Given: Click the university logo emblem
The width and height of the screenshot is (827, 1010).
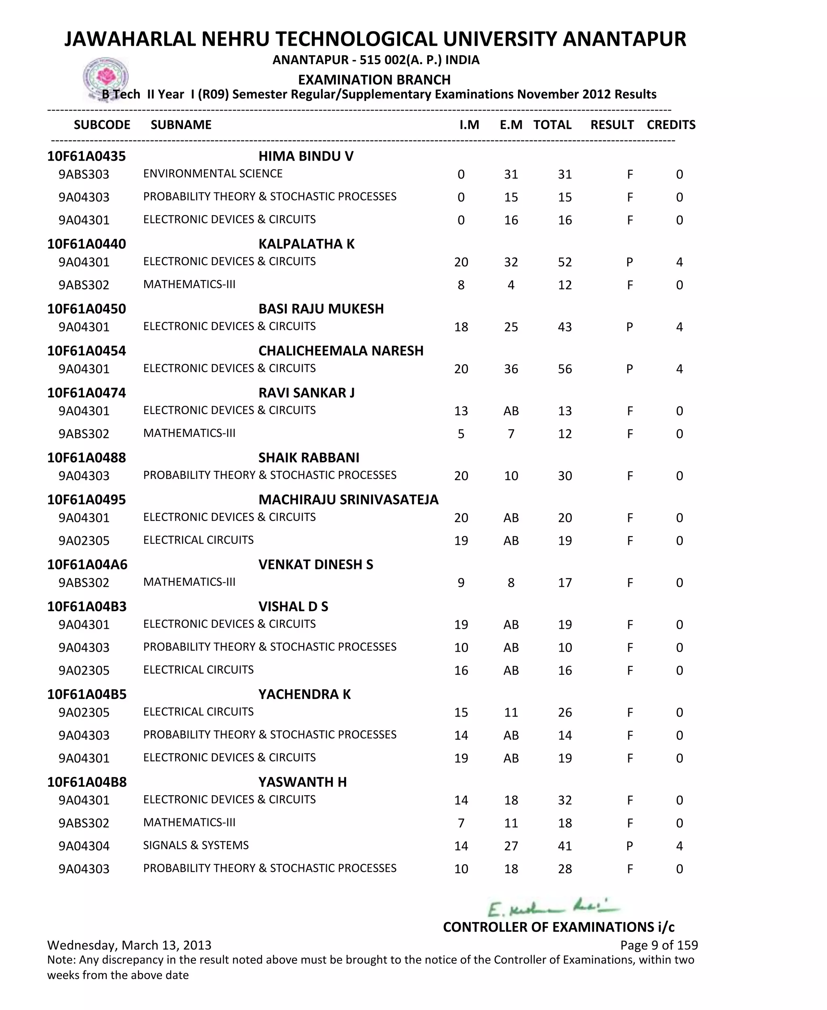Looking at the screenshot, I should click(x=105, y=77).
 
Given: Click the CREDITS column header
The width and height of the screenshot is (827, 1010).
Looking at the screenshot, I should click(x=671, y=125).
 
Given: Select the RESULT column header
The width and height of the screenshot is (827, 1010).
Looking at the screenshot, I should click(x=612, y=125).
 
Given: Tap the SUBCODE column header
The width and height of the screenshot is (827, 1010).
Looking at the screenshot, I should click(x=102, y=125).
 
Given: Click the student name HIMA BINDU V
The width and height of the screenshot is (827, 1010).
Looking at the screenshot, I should click(x=306, y=156).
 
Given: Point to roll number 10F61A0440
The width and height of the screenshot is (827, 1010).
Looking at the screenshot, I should click(x=87, y=244).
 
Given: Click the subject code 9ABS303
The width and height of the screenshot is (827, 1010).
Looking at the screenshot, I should click(x=84, y=174).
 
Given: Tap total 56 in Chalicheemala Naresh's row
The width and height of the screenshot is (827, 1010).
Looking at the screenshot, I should click(x=565, y=369).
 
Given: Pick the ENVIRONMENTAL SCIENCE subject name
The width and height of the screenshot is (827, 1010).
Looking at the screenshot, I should click(x=213, y=174).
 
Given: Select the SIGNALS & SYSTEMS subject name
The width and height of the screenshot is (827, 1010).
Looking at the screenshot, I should click(x=196, y=845).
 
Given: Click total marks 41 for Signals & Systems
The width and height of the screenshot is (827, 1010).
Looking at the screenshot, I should click(x=565, y=846).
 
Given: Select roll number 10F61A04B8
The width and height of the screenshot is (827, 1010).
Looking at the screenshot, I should click(x=87, y=782).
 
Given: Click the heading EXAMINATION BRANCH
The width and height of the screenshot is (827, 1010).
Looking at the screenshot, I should click(x=374, y=79).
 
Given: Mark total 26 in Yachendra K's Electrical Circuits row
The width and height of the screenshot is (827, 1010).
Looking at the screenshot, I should click(x=565, y=713).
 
